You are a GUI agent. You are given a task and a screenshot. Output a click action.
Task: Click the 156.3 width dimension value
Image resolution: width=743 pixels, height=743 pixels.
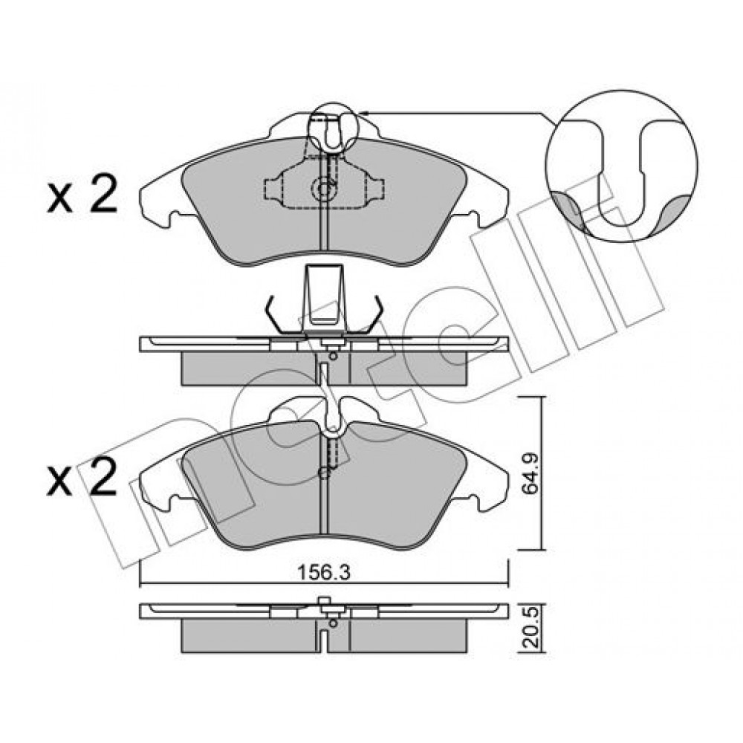pos(324,573)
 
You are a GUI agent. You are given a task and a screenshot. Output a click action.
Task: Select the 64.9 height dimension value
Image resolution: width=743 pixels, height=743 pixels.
pos(529,473)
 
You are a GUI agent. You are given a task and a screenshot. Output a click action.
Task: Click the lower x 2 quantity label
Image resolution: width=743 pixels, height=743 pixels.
pos(82,477)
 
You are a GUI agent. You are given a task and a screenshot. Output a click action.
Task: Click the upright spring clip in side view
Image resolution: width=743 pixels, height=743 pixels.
pos(325,299)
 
